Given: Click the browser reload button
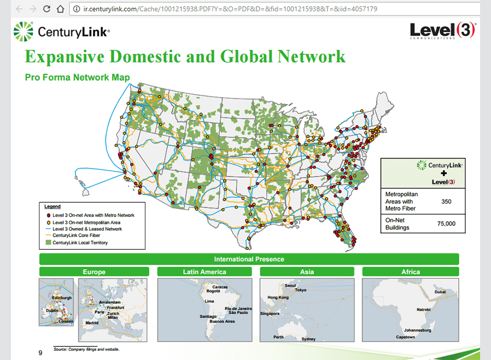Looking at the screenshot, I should pyautogui.click(x=46, y=9).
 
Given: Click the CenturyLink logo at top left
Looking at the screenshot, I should pyautogui.click(x=61, y=32).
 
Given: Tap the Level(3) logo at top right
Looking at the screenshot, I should pyautogui.click(x=442, y=31).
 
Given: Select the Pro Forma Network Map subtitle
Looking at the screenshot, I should pyautogui.click(x=77, y=77).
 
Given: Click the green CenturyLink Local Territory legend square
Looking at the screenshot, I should pyautogui.click(x=47, y=242).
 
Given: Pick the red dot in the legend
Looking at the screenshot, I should pyautogui.click(x=47, y=215).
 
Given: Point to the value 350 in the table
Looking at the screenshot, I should pyautogui.click(x=446, y=201).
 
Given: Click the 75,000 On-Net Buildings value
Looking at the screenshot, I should pyautogui.click(x=446, y=224).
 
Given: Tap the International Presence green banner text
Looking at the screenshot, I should pyautogui.click(x=249, y=259).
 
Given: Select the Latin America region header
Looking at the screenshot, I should pyautogui.click(x=205, y=272).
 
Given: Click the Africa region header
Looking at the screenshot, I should pyautogui.click(x=410, y=272).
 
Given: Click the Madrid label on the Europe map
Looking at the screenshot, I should pyautogui.click(x=92, y=322).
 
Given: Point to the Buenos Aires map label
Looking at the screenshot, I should pyautogui.click(x=222, y=321).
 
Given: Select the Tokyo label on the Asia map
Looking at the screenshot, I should pyautogui.click(x=301, y=290).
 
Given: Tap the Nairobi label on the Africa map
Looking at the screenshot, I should pyautogui.click(x=423, y=309).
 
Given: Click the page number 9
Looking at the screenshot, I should pyautogui.click(x=40, y=352).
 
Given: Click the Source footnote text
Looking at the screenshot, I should pyautogui.click(x=86, y=349).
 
